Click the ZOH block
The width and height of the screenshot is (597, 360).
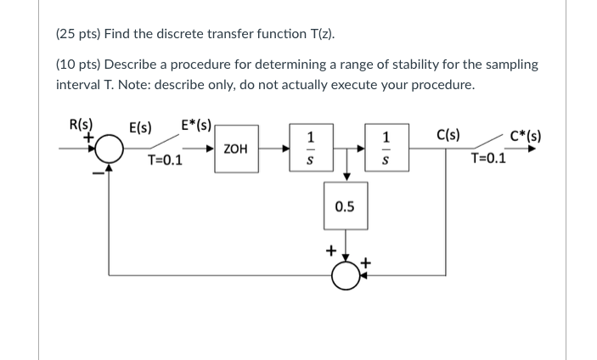coord(235,149)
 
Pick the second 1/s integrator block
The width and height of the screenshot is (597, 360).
coord(386,149)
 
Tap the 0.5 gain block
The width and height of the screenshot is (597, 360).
coord(345,206)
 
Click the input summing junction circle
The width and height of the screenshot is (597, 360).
coord(109,150)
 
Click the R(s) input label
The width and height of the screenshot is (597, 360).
coord(81,121)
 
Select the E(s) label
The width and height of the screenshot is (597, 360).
coord(140,128)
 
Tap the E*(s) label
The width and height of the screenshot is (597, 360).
coord(198,124)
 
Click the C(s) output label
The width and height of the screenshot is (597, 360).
coord(448,132)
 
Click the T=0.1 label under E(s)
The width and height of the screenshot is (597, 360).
coord(166,159)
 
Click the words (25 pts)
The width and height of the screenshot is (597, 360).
coord(77,34)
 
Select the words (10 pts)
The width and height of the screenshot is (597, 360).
coord(77,65)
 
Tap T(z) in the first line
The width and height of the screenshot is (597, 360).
coord(318,34)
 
